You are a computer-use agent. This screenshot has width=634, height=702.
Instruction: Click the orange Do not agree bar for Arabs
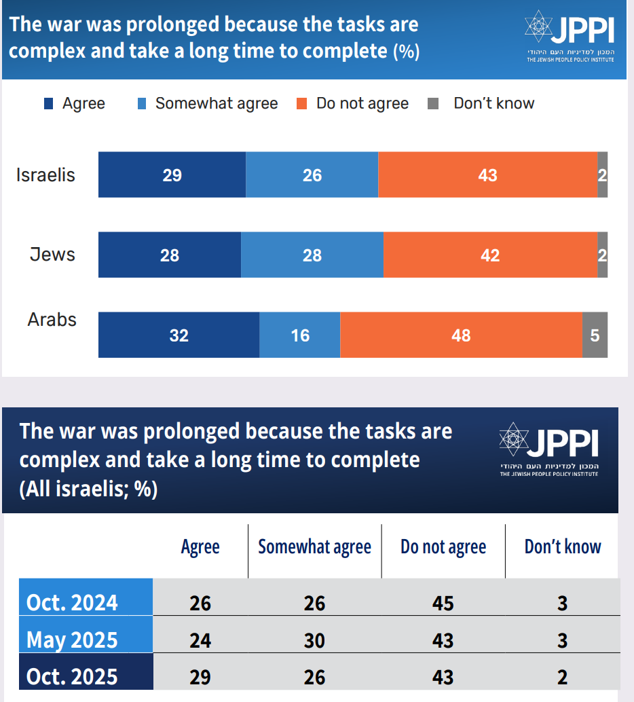tap(461, 335)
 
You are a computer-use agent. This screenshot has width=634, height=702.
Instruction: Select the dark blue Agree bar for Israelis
tap(172, 175)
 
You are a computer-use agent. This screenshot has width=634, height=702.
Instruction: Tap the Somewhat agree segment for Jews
tap(312, 255)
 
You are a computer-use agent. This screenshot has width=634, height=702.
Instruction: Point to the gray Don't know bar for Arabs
tap(595, 335)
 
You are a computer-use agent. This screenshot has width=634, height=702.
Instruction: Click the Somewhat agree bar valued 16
tap(299, 335)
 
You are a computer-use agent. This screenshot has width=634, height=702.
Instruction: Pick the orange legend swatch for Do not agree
tap(303, 104)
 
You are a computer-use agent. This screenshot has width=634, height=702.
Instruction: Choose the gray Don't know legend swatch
tap(433, 104)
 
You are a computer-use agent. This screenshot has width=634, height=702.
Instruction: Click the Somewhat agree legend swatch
tap(142, 104)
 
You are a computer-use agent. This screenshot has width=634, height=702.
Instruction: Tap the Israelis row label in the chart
tap(45, 175)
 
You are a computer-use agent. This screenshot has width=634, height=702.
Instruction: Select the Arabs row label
tap(52, 320)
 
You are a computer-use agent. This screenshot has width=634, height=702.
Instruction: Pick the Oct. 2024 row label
tap(72, 603)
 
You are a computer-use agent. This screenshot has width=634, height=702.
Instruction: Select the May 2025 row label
tap(72, 640)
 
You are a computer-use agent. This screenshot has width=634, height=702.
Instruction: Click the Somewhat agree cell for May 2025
tap(314, 640)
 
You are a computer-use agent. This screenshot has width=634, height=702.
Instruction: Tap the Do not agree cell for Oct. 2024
tap(443, 603)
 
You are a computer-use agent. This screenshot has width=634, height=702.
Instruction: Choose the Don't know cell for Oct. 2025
tap(562, 676)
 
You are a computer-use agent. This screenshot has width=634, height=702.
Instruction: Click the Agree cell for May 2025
tap(200, 640)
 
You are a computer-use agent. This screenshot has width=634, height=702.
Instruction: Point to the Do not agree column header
tap(443, 547)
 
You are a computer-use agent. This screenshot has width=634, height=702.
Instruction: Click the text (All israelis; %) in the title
tap(88, 489)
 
